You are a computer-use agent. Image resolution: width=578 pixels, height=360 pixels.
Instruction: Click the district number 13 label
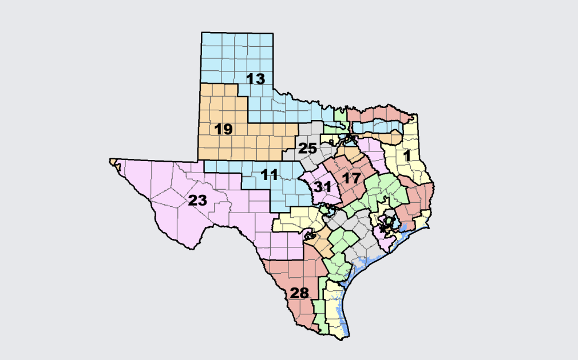pyautogui.click(x=256, y=79)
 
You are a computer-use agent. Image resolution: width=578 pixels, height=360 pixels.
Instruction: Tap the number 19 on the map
pyautogui.click(x=223, y=129)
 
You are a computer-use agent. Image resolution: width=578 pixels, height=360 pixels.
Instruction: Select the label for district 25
pyautogui.click(x=307, y=149)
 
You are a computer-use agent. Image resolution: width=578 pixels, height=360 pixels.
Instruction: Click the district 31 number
pyautogui.click(x=322, y=186)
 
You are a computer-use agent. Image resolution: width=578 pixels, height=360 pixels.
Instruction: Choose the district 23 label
pyautogui.click(x=197, y=200)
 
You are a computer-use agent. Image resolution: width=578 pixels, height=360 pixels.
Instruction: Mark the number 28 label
pyautogui.click(x=299, y=294)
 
